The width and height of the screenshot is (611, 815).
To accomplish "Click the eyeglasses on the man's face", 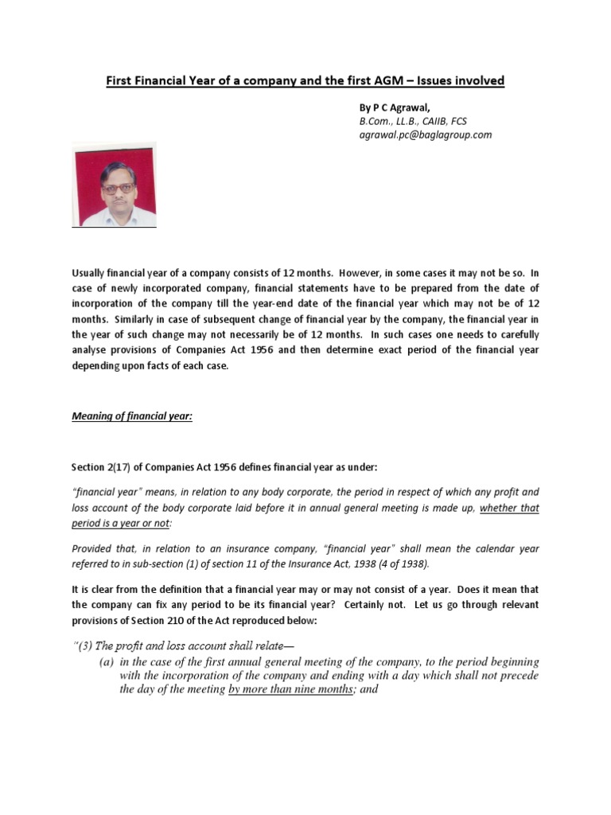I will click(x=117, y=188).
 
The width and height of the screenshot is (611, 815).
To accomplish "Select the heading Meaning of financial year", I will click(x=133, y=415).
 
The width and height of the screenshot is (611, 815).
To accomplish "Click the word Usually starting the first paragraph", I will click(x=91, y=272).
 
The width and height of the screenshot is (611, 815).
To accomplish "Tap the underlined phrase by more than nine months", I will click(x=290, y=690).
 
